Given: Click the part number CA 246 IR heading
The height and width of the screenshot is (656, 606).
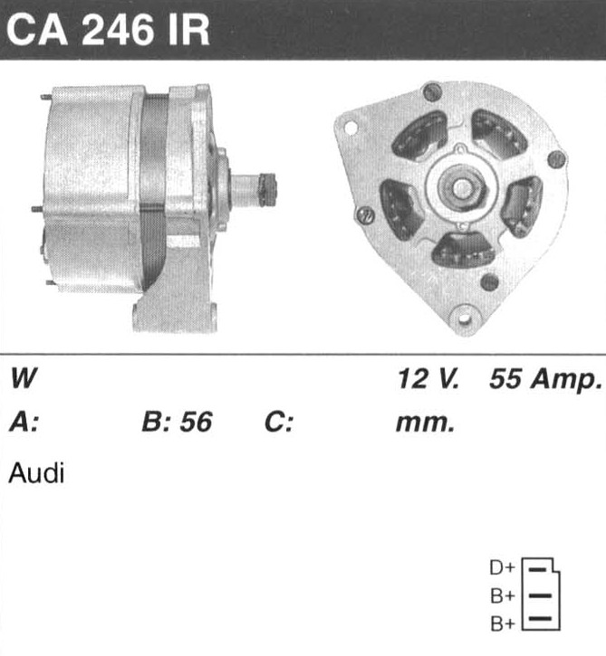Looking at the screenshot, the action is point(108,30).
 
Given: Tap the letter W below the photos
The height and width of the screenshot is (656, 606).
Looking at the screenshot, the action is point(24,378).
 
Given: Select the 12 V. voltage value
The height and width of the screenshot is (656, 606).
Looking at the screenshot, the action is point(428,378).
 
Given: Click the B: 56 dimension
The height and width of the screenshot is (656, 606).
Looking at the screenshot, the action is point(178,422).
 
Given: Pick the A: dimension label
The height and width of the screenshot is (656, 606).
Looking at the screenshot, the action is point(24,422).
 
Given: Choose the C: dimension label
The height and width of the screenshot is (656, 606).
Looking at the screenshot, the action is point(278,422).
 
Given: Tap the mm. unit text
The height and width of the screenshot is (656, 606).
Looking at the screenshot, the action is point(425,423).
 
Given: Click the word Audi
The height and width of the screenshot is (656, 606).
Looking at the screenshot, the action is point(36,473).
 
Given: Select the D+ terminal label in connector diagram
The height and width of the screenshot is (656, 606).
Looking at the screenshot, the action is point(502,567).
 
